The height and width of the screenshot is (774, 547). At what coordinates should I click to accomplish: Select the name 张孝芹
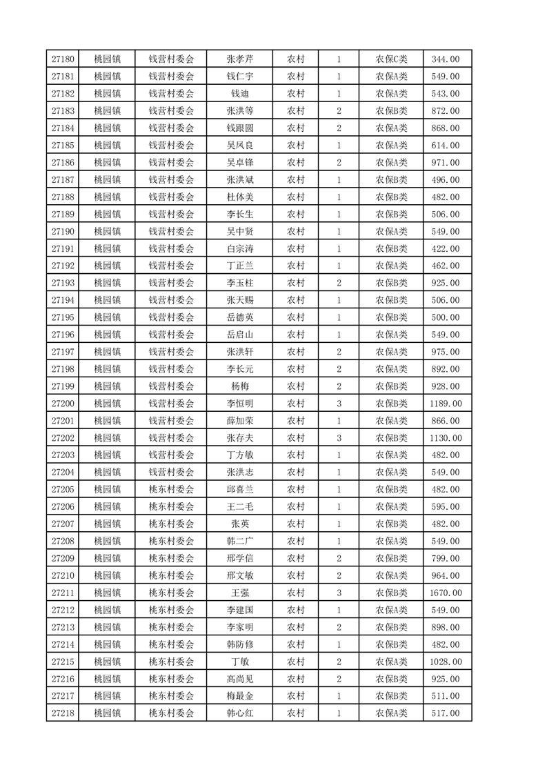pos(239,59)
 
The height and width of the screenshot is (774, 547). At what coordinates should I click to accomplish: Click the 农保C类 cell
pos(391,59)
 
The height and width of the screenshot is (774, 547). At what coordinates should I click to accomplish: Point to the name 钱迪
pos(239,94)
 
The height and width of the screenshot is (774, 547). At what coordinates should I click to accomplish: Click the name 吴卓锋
pos(239,163)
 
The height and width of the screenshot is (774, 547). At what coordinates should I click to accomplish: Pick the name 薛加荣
pos(239,421)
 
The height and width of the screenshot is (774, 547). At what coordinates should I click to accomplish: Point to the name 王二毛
pos(239,507)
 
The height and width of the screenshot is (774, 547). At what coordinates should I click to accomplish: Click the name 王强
pos(239,593)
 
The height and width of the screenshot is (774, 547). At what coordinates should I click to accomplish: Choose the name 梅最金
pos(239,696)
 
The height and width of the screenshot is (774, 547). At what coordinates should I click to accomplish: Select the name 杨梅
pos(239,386)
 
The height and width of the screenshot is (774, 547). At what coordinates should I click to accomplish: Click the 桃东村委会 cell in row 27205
pos(172,490)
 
